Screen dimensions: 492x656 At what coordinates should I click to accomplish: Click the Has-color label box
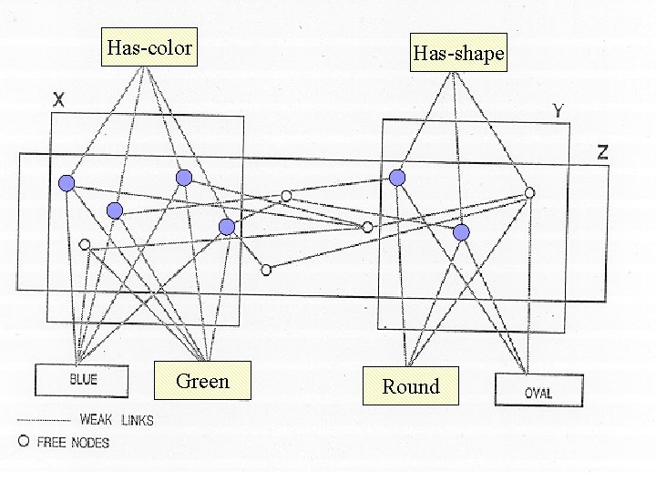[149, 46]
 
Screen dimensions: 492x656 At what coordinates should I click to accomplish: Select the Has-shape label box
[457, 54]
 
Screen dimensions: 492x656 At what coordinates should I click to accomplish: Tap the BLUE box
[84, 379]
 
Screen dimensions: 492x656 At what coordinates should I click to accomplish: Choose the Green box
[202, 381]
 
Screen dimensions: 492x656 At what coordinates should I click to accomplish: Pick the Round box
[410, 386]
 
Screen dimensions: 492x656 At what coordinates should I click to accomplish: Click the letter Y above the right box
[558, 112]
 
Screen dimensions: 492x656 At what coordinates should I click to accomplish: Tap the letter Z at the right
[602, 152]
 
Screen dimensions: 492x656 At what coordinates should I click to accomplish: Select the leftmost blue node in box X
[66, 184]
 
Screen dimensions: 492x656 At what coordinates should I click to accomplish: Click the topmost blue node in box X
[184, 178]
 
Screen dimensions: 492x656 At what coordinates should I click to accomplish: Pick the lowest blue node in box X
[227, 227]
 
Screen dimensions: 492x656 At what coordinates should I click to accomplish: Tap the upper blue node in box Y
[397, 178]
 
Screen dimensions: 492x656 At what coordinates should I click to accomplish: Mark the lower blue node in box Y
[462, 233]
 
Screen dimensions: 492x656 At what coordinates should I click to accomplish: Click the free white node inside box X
[85, 244]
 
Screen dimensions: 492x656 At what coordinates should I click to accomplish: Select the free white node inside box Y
[529, 193]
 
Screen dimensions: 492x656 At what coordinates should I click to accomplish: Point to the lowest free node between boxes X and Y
[266, 270]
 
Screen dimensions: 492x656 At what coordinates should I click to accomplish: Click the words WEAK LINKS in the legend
[117, 420]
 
